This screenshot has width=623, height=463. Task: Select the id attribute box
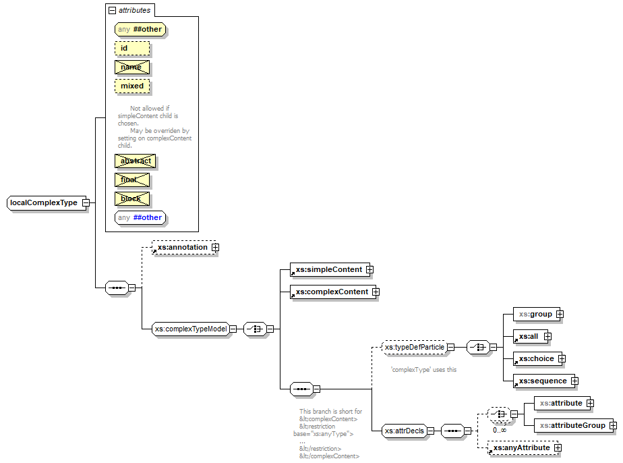click(132, 49)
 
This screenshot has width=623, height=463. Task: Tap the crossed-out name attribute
click(132, 67)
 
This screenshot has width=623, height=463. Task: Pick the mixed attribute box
click(132, 86)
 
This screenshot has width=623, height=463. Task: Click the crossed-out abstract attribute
click(135, 161)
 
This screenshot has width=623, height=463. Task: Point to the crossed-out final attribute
click(132, 180)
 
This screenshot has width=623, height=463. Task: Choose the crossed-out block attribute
click(132, 199)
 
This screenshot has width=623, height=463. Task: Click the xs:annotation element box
click(182, 248)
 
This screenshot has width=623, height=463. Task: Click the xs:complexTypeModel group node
click(190, 329)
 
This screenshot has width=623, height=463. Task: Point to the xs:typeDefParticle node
click(414, 348)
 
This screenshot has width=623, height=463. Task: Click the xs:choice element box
click(535, 358)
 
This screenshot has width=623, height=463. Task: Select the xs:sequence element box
click(542, 381)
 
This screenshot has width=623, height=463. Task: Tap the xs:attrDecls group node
click(405, 431)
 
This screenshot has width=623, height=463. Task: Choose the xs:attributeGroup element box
click(570, 425)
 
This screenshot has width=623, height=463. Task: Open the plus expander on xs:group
click(560, 314)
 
